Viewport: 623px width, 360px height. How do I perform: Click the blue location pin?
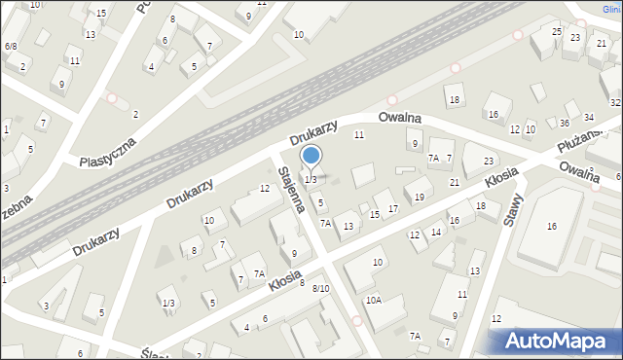(311, 156)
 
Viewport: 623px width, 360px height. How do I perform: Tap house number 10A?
(374, 301)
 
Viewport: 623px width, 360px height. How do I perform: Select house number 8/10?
(320, 288)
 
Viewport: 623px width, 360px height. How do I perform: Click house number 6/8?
(10, 46)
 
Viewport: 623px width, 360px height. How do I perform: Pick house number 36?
(564, 123)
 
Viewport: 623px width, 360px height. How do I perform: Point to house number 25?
(557, 31)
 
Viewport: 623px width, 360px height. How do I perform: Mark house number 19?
(419, 198)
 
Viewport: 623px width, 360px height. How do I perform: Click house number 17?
(392, 209)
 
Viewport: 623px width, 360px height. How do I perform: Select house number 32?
(615, 102)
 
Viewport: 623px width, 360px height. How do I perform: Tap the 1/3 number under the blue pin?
(311, 180)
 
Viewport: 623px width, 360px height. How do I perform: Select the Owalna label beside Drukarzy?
(400, 117)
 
